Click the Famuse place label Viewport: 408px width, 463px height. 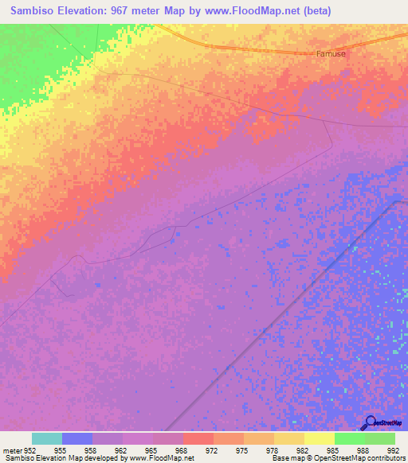[x=331, y=54]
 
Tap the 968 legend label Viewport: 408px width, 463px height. [x=182, y=449]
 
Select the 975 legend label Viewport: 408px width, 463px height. [x=242, y=449]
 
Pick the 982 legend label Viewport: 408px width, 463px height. [x=302, y=449]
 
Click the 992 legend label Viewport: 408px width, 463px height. [x=391, y=449]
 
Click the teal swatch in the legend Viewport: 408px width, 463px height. [x=47, y=438]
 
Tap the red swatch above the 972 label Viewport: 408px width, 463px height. [x=198, y=438]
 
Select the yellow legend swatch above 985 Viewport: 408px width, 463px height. [x=319, y=438]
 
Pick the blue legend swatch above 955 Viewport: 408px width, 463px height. [x=77, y=438]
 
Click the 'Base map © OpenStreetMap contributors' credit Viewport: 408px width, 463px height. [x=339, y=458]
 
